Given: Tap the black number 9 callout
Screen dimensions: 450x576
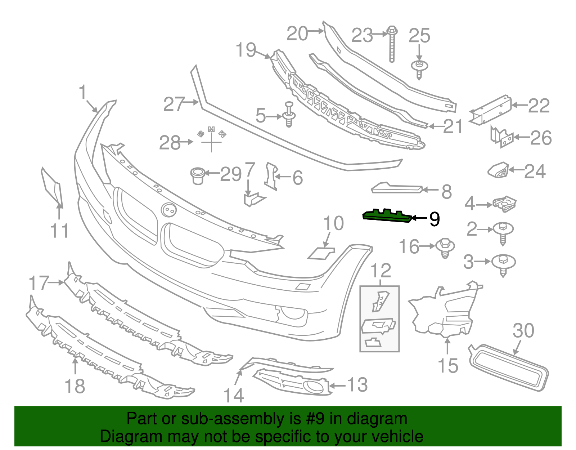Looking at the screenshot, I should tap(435, 219).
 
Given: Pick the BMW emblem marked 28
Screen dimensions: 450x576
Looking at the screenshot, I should tap(211, 139).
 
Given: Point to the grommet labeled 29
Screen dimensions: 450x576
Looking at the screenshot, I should tap(197, 175).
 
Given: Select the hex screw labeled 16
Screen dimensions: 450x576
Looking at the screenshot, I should tap(445, 248).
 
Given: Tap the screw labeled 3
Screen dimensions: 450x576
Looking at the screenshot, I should tap(503, 264).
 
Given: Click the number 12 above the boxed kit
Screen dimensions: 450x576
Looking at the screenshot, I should tap(381, 271).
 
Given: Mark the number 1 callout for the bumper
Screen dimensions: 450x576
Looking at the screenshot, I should tap(83, 92).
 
